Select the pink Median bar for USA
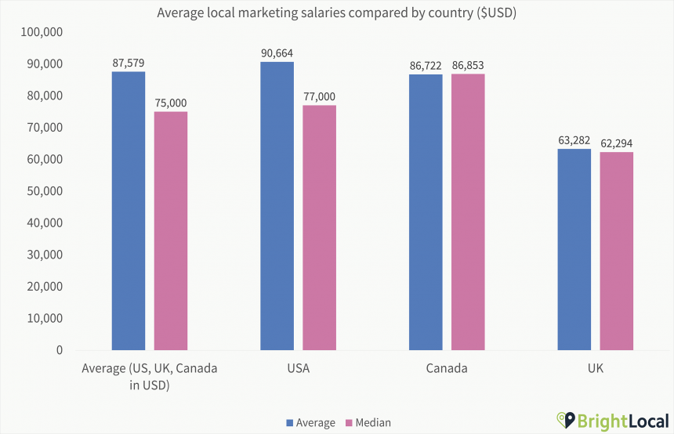coord(319,227)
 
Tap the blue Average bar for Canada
coord(426,212)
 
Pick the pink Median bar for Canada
coord(468,212)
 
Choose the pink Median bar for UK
coord(616,251)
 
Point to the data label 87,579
coord(129,62)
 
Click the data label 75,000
coord(171,103)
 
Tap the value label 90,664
coord(277,52)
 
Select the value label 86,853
coord(468,65)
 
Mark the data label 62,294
coord(616,143)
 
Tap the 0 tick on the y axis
coord(60,350)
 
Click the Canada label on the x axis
coord(447,368)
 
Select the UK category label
coord(595,368)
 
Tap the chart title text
coord(336,13)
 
